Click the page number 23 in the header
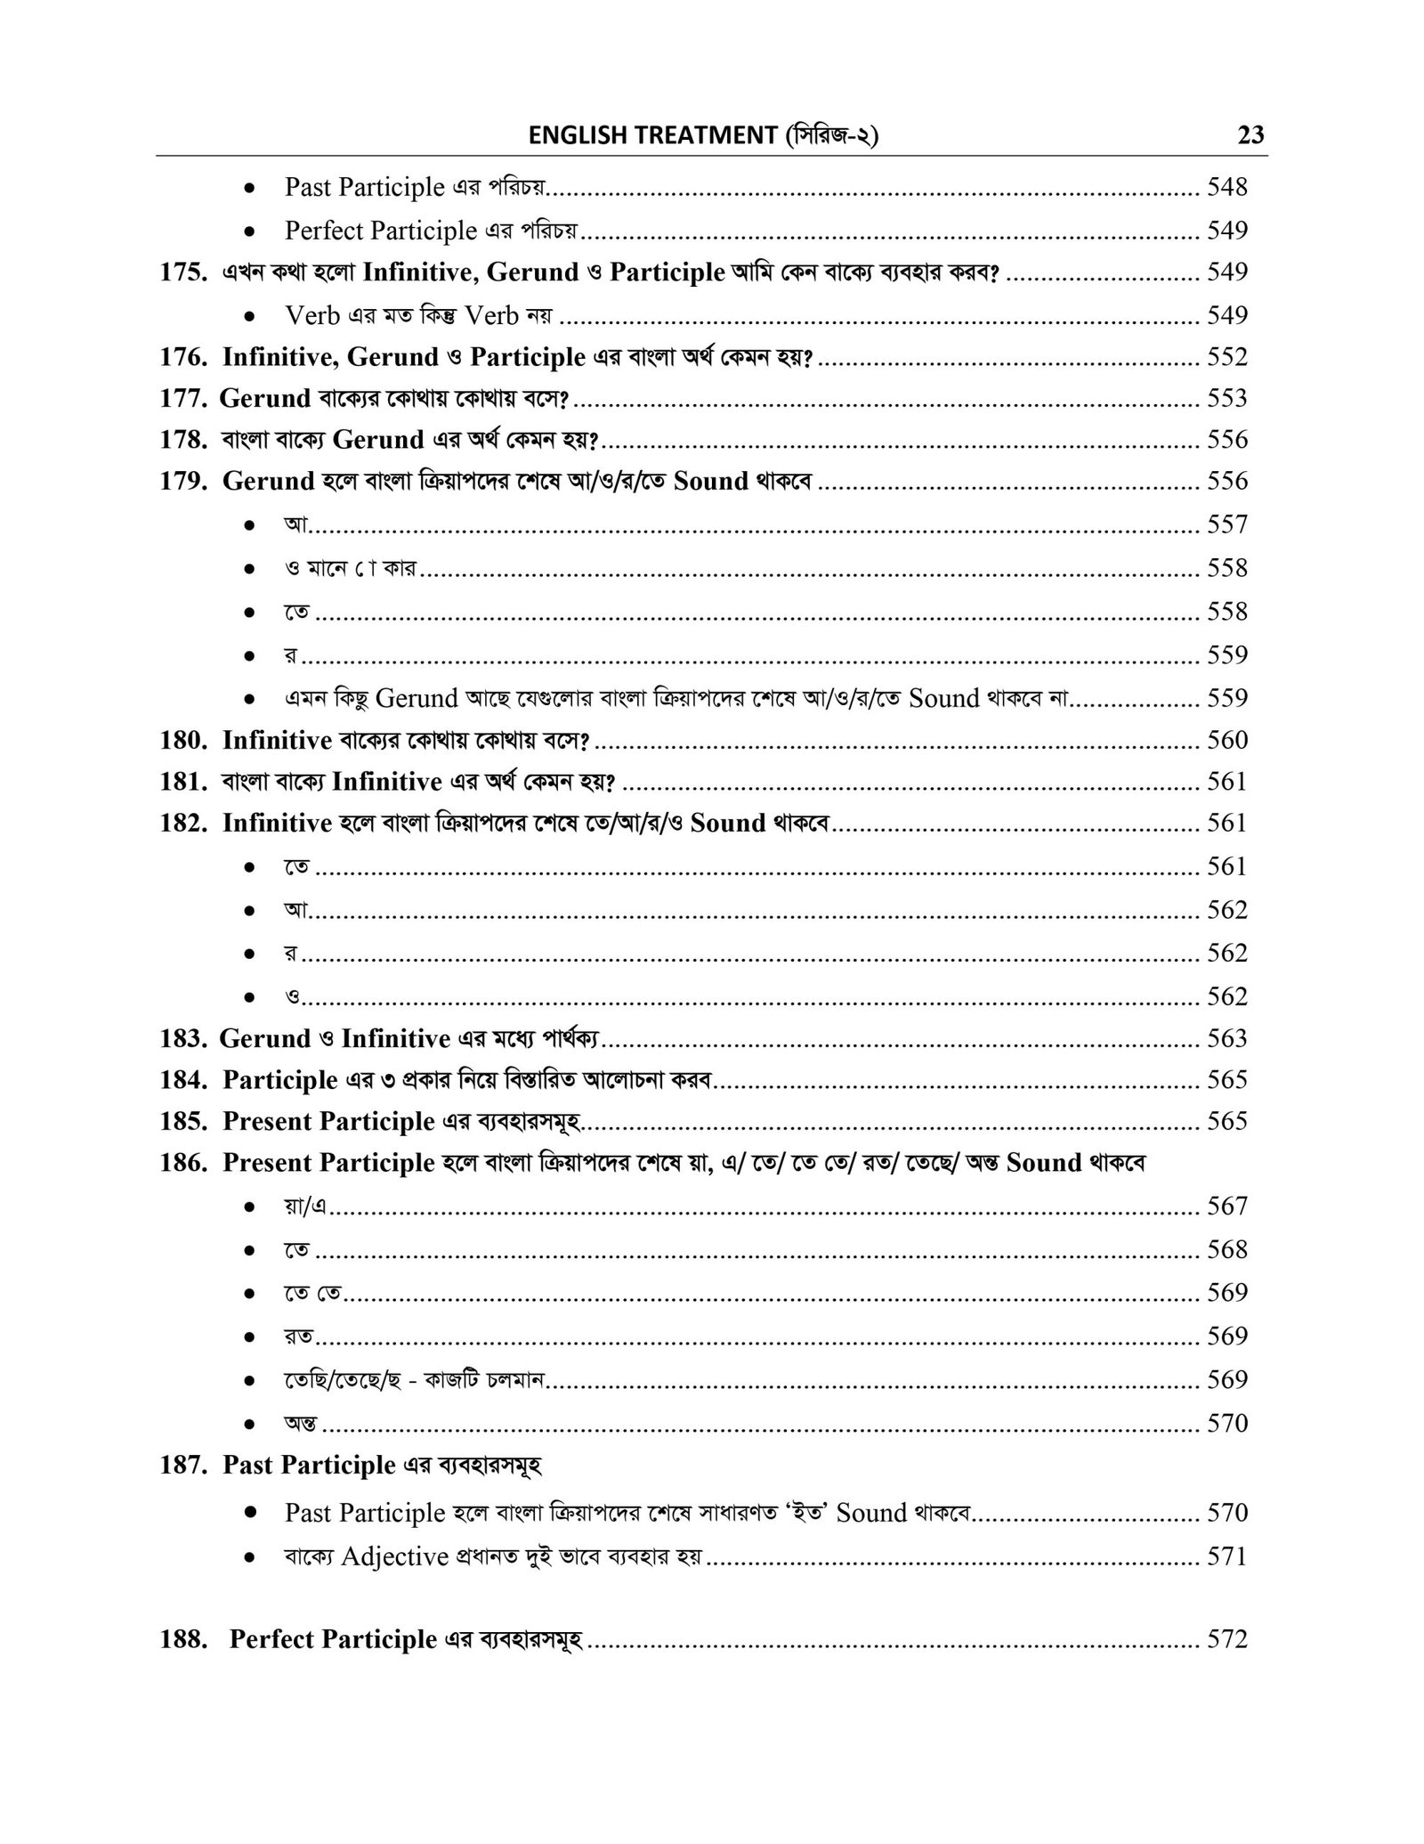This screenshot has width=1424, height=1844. pyautogui.click(x=1250, y=136)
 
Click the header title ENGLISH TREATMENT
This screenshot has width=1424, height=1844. pyautogui.click(x=652, y=136)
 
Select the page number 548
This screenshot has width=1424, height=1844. pyautogui.click(x=1227, y=187)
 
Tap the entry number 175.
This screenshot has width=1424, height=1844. pyautogui.click(x=182, y=272)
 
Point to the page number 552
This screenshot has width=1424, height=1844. pyautogui.click(x=1227, y=357)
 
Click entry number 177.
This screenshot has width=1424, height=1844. pyautogui.click(x=182, y=398)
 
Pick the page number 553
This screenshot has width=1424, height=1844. pyautogui.click(x=1227, y=398)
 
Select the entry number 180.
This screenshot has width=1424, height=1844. pyautogui.click(x=182, y=740)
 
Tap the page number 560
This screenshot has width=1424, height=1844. pyautogui.click(x=1227, y=740)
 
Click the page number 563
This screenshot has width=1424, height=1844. pyautogui.click(x=1227, y=1038)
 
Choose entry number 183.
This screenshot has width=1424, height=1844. pyautogui.click(x=182, y=1038)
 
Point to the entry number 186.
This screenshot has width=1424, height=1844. pyautogui.click(x=182, y=1163)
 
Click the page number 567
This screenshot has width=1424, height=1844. pyautogui.click(x=1227, y=1206)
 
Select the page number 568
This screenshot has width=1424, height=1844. pyautogui.click(x=1227, y=1249)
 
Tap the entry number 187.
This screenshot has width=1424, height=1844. pyautogui.click(x=182, y=1465)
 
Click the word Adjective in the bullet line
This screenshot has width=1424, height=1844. pyautogui.click(x=394, y=1556)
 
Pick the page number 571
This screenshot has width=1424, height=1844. pyautogui.click(x=1227, y=1556)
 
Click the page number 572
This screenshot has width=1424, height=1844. pyautogui.click(x=1227, y=1639)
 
